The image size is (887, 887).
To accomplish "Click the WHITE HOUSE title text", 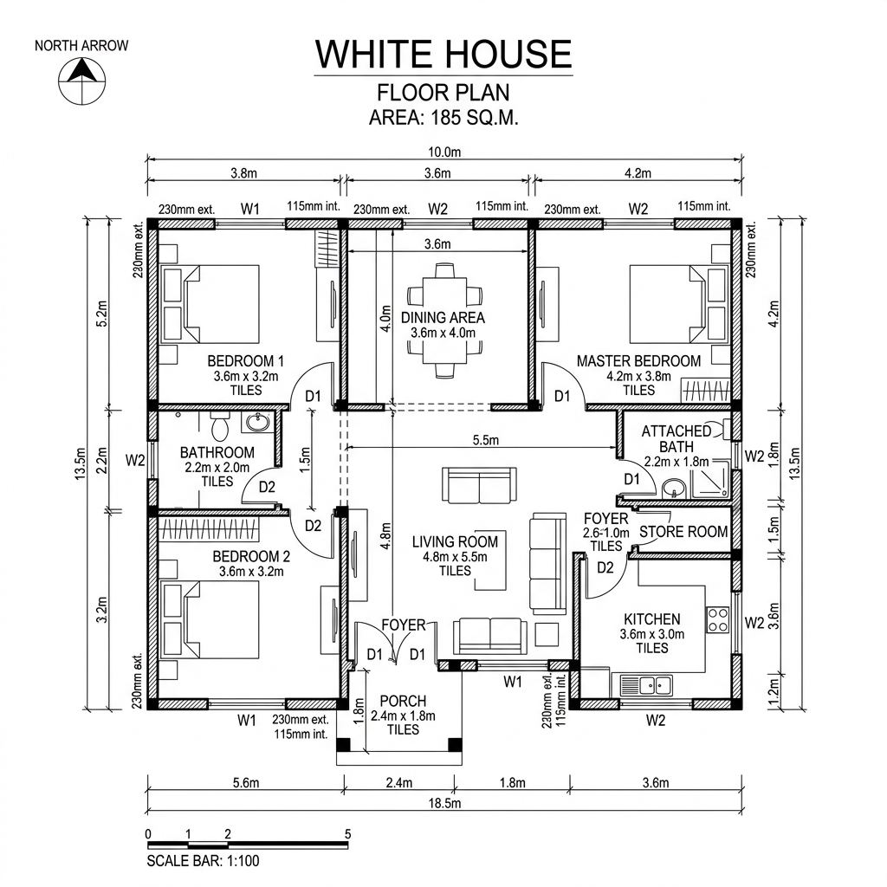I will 443,54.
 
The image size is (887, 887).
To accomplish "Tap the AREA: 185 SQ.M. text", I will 443,119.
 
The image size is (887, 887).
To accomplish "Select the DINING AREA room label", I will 443,318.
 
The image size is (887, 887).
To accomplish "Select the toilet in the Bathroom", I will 219,426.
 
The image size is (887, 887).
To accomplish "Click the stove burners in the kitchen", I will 718,618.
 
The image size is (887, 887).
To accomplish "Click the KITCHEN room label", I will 651,619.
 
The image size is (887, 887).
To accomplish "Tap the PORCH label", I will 403,701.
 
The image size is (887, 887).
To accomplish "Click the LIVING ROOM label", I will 455,542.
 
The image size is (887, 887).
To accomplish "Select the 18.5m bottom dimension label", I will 444,803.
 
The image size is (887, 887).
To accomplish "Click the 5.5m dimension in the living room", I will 486,440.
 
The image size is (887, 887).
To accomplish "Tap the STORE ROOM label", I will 683,532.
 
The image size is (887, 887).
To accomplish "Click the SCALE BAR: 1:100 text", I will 203,861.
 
